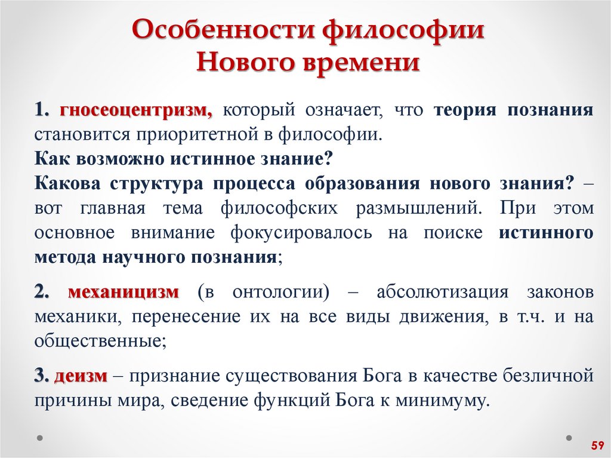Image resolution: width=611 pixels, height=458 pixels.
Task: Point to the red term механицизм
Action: (x=124, y=293)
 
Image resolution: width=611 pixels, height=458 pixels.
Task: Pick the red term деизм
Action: (x=81, y=376)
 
